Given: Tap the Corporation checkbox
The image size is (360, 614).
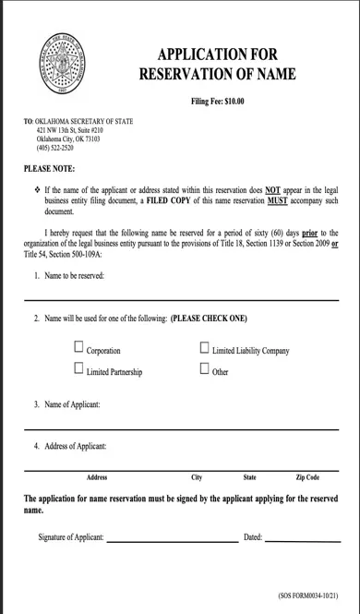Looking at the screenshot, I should point(78,349).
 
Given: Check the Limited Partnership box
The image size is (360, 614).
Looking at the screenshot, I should point(78,369).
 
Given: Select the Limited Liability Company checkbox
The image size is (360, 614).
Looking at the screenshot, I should point(204,349).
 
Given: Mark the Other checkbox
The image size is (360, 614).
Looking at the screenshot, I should point(204,369).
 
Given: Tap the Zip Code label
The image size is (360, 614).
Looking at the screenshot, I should point(307,477).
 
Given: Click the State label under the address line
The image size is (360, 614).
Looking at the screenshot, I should point(249,477).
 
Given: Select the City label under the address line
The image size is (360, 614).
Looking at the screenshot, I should point(197,477).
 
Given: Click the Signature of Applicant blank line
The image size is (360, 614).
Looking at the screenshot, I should point(172,540).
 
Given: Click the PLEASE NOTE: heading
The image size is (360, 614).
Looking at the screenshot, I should point(49,169).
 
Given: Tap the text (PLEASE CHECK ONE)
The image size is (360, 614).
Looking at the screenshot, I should point(209,319).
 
